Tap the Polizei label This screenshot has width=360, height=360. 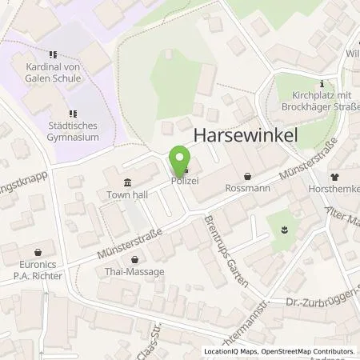coord(184,182)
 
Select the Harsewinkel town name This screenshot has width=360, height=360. coord(246,137)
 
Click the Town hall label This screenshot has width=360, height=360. coord(127,194)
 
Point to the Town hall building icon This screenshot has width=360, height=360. coord(128,182)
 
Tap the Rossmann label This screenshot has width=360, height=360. coord(248,190)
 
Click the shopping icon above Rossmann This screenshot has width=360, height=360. coord(248,177)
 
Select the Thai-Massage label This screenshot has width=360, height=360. coord(134,272)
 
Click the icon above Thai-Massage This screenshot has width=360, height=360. coord(134,259)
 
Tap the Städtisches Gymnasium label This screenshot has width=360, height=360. coord(73,132)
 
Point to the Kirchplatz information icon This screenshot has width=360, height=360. coord(322,83)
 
